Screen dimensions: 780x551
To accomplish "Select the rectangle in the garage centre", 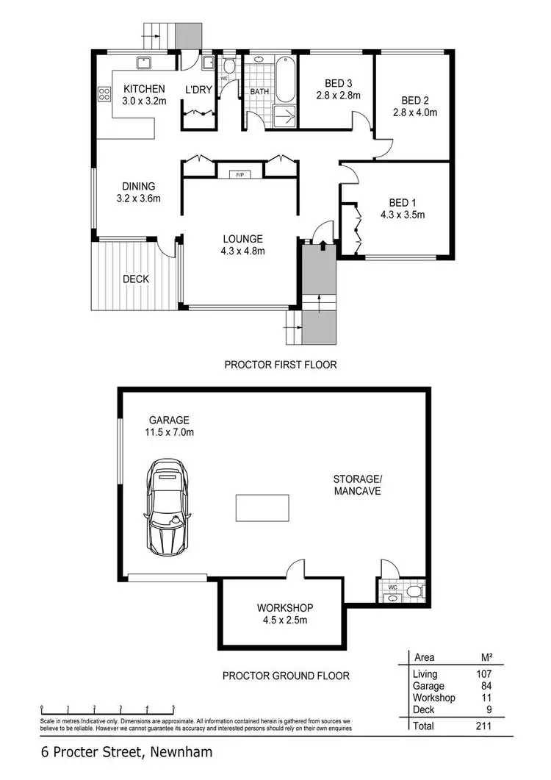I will tap(261, 507).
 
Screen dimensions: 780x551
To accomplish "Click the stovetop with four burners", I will tap(104, 93).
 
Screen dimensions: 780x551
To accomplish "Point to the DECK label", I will tap(136, 279).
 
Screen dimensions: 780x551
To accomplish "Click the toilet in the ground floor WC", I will tap(415, 591).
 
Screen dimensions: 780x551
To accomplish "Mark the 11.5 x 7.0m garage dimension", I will tap(169, 432).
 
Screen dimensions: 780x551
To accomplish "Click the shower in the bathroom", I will tap(284, 115).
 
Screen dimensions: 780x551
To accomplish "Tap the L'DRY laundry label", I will tap(198, 90).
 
